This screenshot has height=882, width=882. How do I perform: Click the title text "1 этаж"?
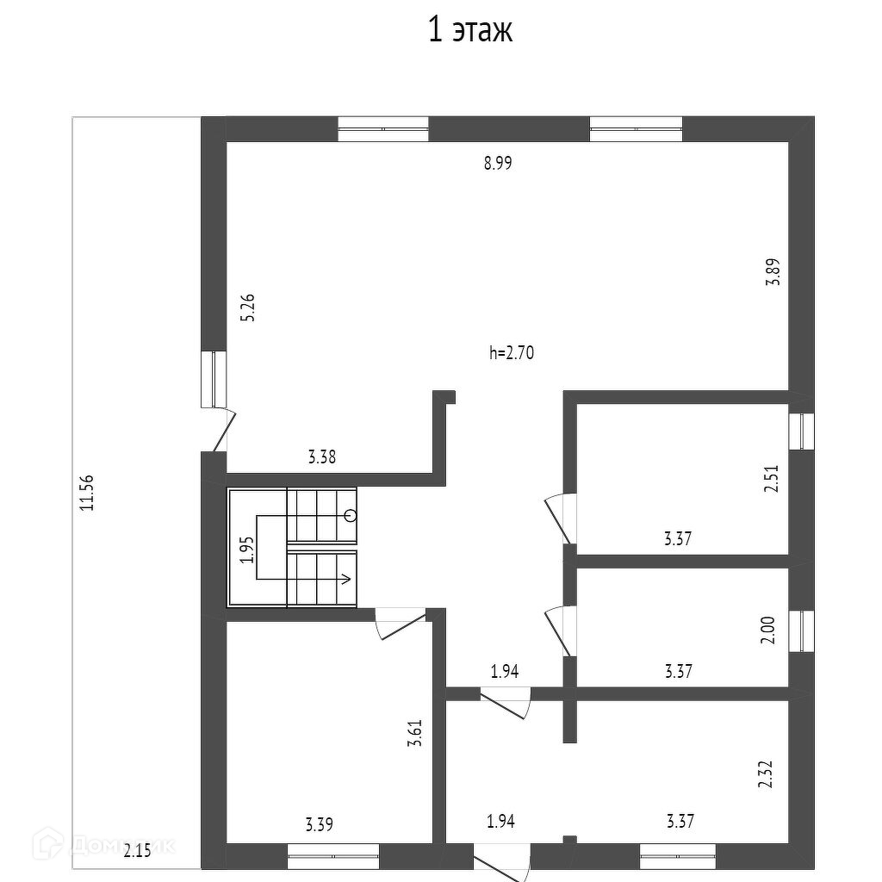pos(470,31)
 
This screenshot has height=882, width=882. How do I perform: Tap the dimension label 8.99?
pos(498,164)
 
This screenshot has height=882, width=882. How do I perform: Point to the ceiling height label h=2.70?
pos(512,352)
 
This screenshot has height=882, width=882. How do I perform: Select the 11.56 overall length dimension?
pos(86,494)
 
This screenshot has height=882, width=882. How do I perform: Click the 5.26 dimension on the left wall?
pos(249,307)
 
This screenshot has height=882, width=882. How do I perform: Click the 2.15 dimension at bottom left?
pos(137,851)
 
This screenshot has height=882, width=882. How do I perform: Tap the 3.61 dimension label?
pos(416,731)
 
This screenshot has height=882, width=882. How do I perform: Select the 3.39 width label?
pos(319,824)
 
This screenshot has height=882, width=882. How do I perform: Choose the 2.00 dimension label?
pos(770,630)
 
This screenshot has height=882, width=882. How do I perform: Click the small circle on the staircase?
pos(350,515)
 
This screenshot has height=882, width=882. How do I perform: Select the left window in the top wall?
pos(382,128)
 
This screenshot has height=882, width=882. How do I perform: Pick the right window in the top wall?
pos(636,128)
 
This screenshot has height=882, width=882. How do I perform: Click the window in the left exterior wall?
pos(213,379)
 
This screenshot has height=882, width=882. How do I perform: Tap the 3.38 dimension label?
pos(321,457)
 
